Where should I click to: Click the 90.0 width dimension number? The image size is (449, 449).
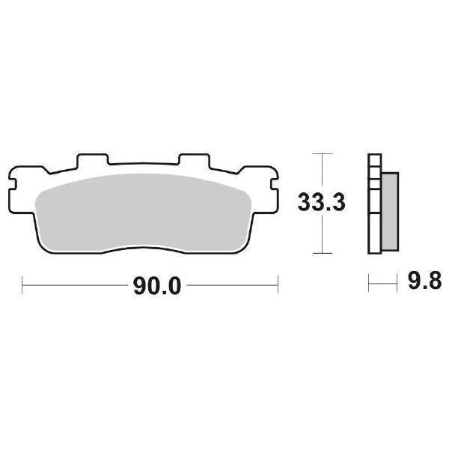(x=158, y=287)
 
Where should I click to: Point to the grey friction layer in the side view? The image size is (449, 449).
(x=390, y=210)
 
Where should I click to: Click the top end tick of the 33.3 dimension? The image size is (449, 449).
(x=321, y=153)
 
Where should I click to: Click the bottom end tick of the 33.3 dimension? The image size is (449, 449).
(x=321, y=252)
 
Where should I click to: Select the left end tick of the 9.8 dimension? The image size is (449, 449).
(x=368, y=284)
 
